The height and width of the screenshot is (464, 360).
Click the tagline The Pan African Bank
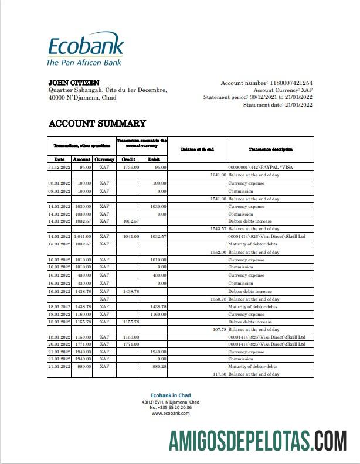pos(84,62)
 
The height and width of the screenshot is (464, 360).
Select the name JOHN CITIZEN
pos(73,83)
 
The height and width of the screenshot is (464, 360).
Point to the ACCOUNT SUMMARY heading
pos(97,124)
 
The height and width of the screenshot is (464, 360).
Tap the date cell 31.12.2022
pos(59,167)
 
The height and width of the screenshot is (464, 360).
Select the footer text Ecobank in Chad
pos(171,395)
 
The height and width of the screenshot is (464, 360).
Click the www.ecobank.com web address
pos(171,413)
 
